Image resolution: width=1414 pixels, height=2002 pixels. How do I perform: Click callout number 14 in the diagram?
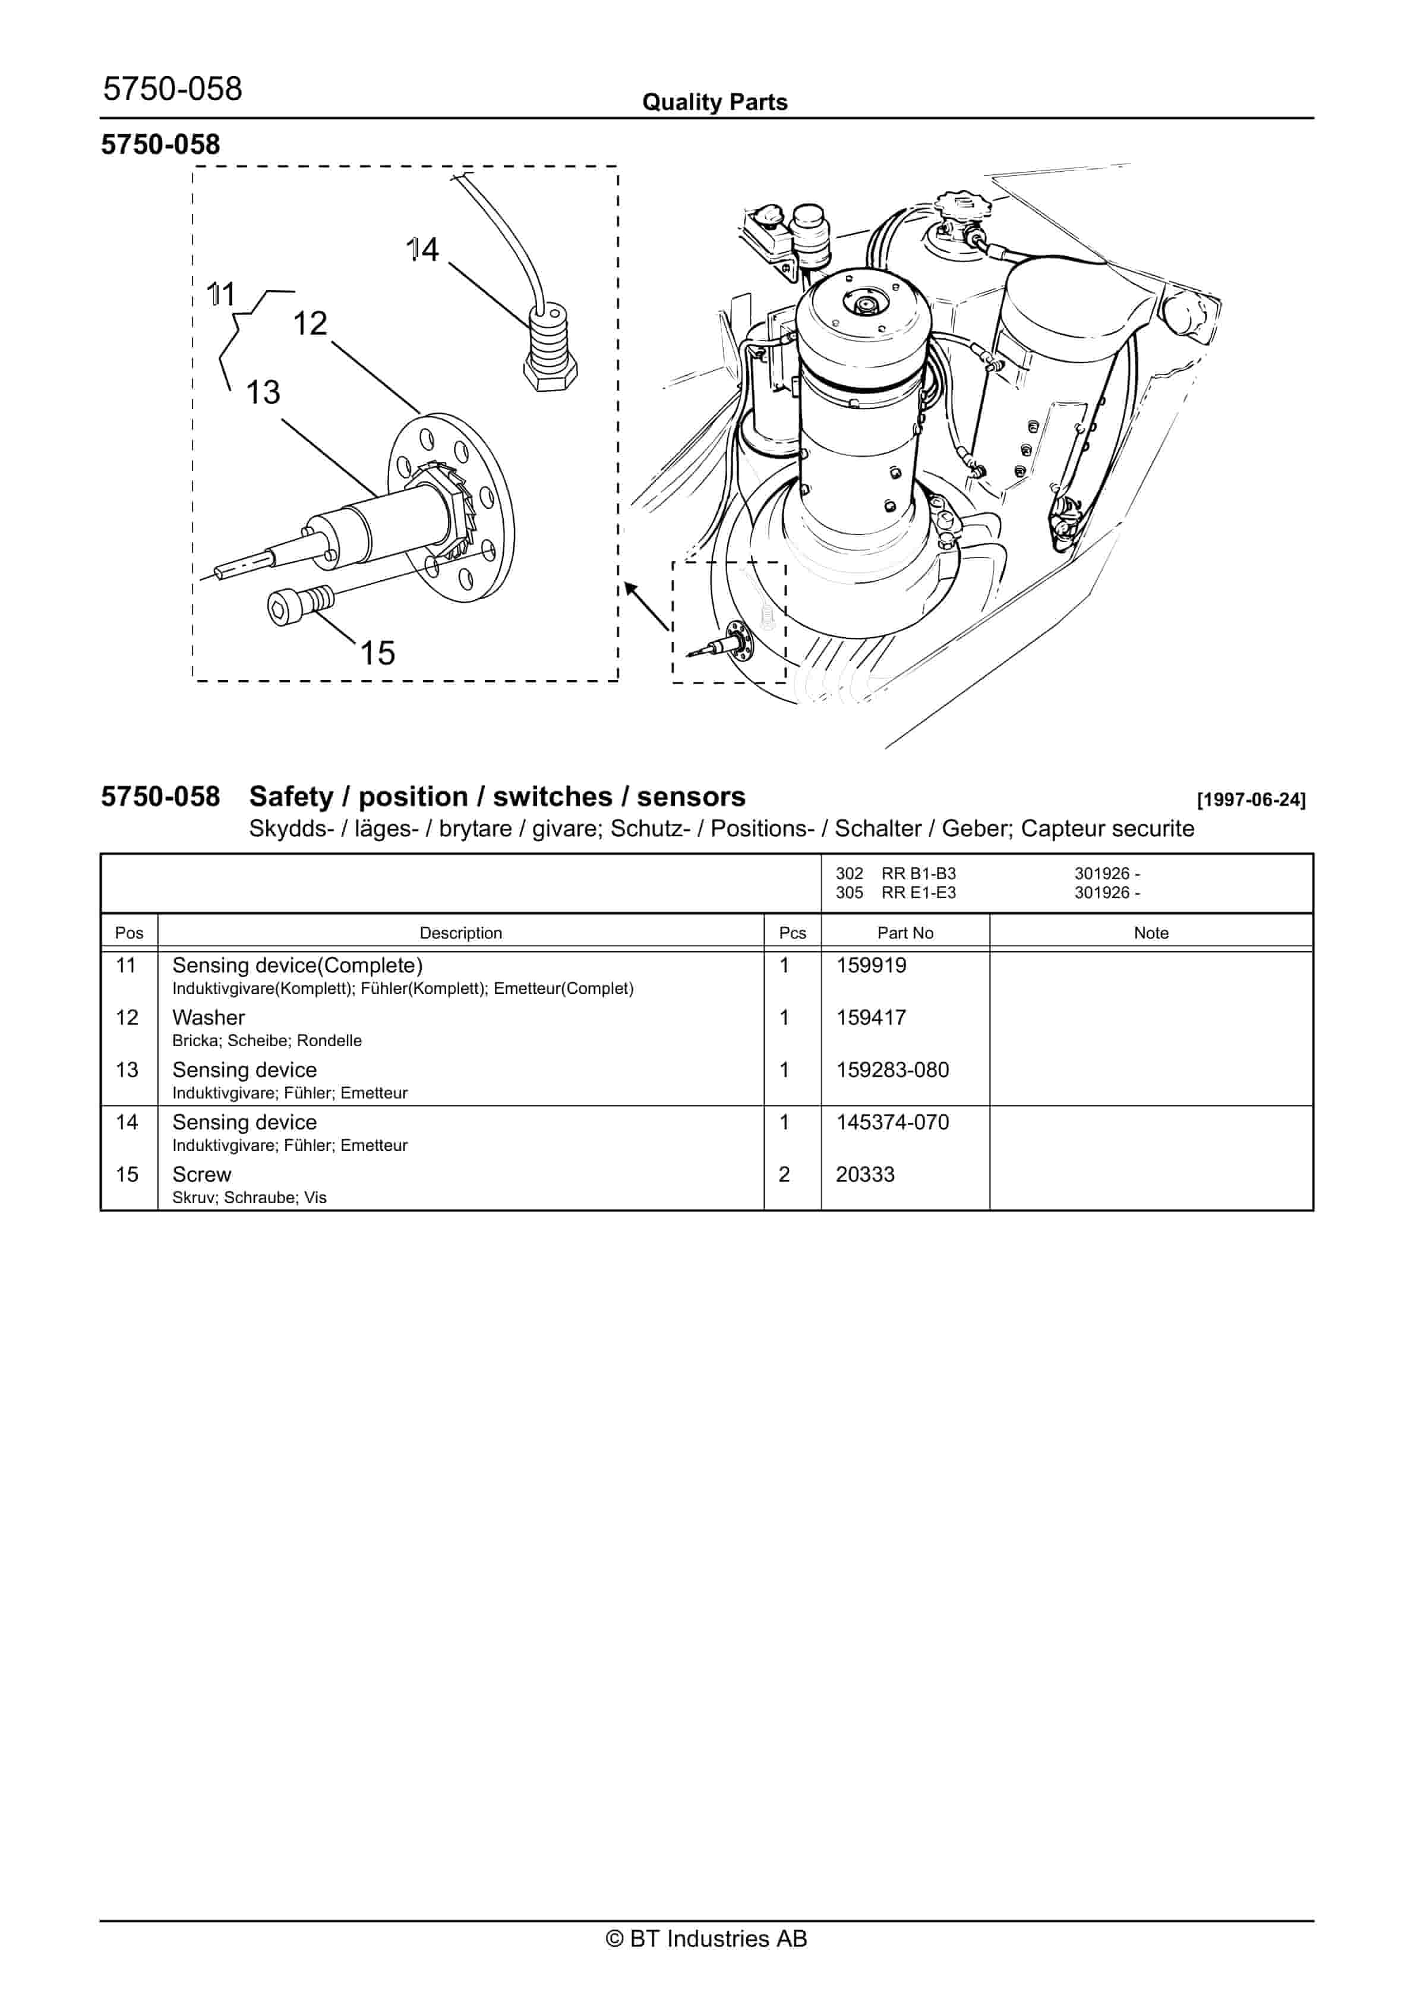click(x=423, y=250)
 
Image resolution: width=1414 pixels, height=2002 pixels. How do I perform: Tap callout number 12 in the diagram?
click(x=310, y=323)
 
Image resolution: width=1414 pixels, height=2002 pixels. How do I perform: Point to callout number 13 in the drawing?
click(x=263, y=392)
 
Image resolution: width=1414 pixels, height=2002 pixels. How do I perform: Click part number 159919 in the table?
click(x=871, y=965)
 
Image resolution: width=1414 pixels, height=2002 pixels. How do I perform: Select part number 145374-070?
click(x=892, y=1122)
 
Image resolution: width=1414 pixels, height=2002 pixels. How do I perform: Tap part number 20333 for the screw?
click(x=865, y=1175)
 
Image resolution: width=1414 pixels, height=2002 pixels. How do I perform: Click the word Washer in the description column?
click(x=209, y=1018)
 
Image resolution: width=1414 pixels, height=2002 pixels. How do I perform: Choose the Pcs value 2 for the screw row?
click(x=784, y=1175)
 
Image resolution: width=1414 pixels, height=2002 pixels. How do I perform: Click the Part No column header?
click(x=905, y=933)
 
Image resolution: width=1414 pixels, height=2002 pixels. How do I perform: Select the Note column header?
click(x=1151, y=933)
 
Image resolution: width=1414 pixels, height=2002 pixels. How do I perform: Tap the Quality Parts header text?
click(x=715, y=102)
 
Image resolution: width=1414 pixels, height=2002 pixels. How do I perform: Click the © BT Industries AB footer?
click(x=706, y=1938)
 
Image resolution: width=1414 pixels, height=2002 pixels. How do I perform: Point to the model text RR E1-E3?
click(x=918, y=893)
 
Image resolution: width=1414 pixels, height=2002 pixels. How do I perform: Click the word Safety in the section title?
click(x=291, y=797)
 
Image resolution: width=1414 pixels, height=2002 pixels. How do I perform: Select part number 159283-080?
click(x=892, y=1070)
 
